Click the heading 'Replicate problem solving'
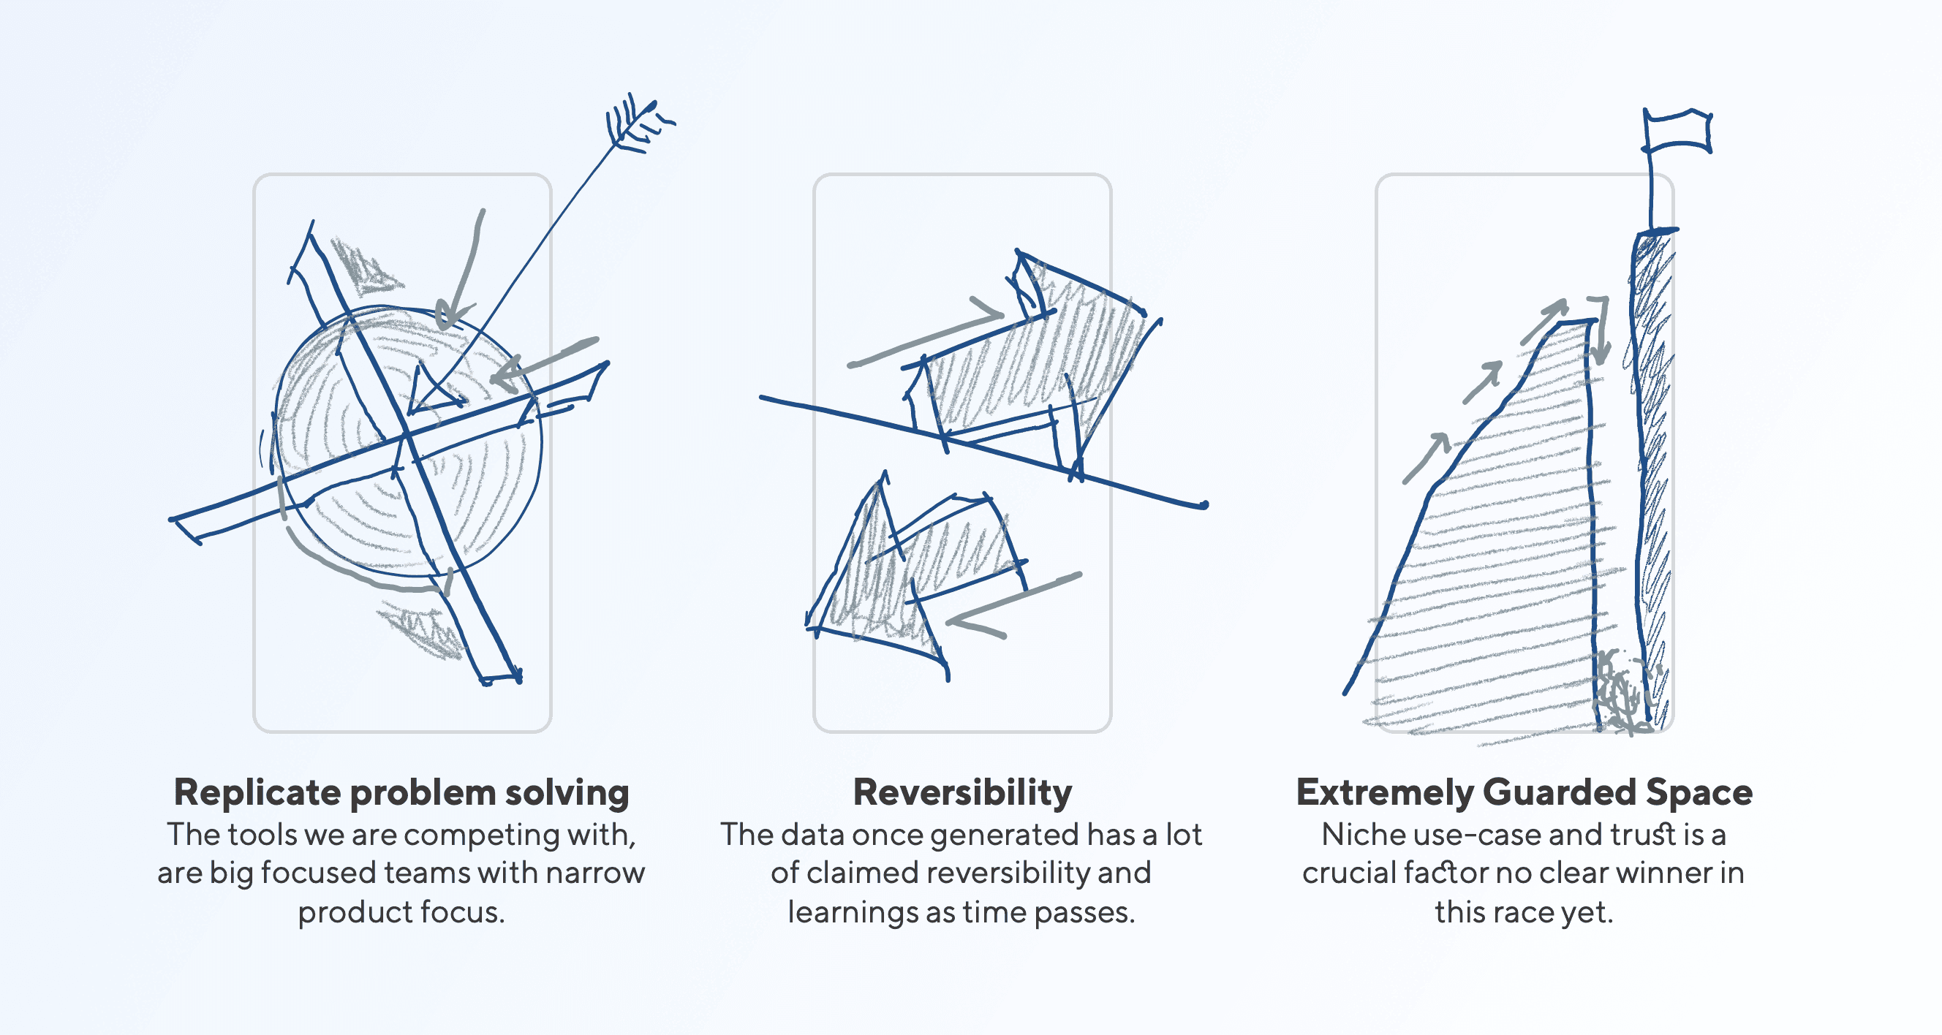tap(401, 793)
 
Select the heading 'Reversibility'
tap(962, 793)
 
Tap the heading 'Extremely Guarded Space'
tap(1524, 793)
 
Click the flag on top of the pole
tap(1677, 132)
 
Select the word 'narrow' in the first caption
tap(595, 873)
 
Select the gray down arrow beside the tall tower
tap(1600, 332)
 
